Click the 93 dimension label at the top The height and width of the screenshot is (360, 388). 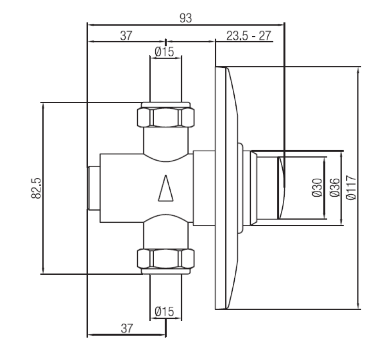click(186, 18)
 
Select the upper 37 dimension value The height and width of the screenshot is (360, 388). click(126, 35)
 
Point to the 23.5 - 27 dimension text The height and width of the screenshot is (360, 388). click(248, 35)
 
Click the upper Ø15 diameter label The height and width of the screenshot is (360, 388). click(164, 51)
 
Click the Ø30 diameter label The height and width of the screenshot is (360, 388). click(317, 188)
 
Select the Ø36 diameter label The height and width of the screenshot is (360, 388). click(334, 188)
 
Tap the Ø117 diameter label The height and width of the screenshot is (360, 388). click(352, 188)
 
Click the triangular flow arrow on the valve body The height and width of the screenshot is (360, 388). click(166, 188)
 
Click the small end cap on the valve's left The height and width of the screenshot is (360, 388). click(94, 188)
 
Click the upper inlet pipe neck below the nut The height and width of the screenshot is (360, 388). click(166, 141)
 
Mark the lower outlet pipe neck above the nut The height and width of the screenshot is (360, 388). click(166, 235)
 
